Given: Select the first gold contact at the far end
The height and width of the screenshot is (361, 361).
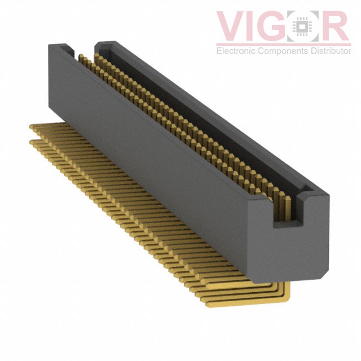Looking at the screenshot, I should (81, 58).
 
